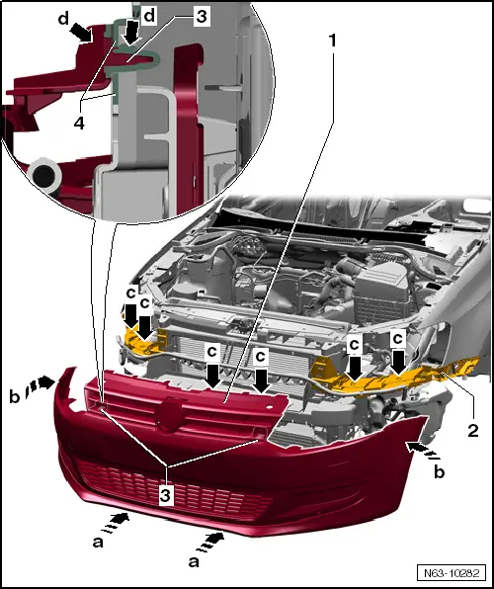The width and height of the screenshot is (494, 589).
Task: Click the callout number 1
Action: point(332,41)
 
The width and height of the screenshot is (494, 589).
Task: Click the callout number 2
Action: point(473,431)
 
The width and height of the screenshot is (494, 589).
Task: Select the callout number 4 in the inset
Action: point(79,123)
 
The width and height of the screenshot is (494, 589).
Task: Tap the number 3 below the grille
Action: point(166,496)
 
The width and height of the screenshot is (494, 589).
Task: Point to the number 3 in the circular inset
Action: point(202,17)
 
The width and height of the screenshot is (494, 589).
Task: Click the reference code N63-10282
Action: point(452,573)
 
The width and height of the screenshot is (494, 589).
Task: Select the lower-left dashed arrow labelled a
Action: point(116,523)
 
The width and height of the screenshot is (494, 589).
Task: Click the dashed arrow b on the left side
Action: point(40,384)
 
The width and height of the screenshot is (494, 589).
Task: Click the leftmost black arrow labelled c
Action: point(130,315)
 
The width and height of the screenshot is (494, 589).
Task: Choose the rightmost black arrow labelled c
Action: point(398,363)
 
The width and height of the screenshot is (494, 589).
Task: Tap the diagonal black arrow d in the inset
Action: point(82,33)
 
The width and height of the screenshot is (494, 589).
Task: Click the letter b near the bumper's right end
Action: point(439,471)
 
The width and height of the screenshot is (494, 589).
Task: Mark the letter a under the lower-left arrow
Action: point(98,542)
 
